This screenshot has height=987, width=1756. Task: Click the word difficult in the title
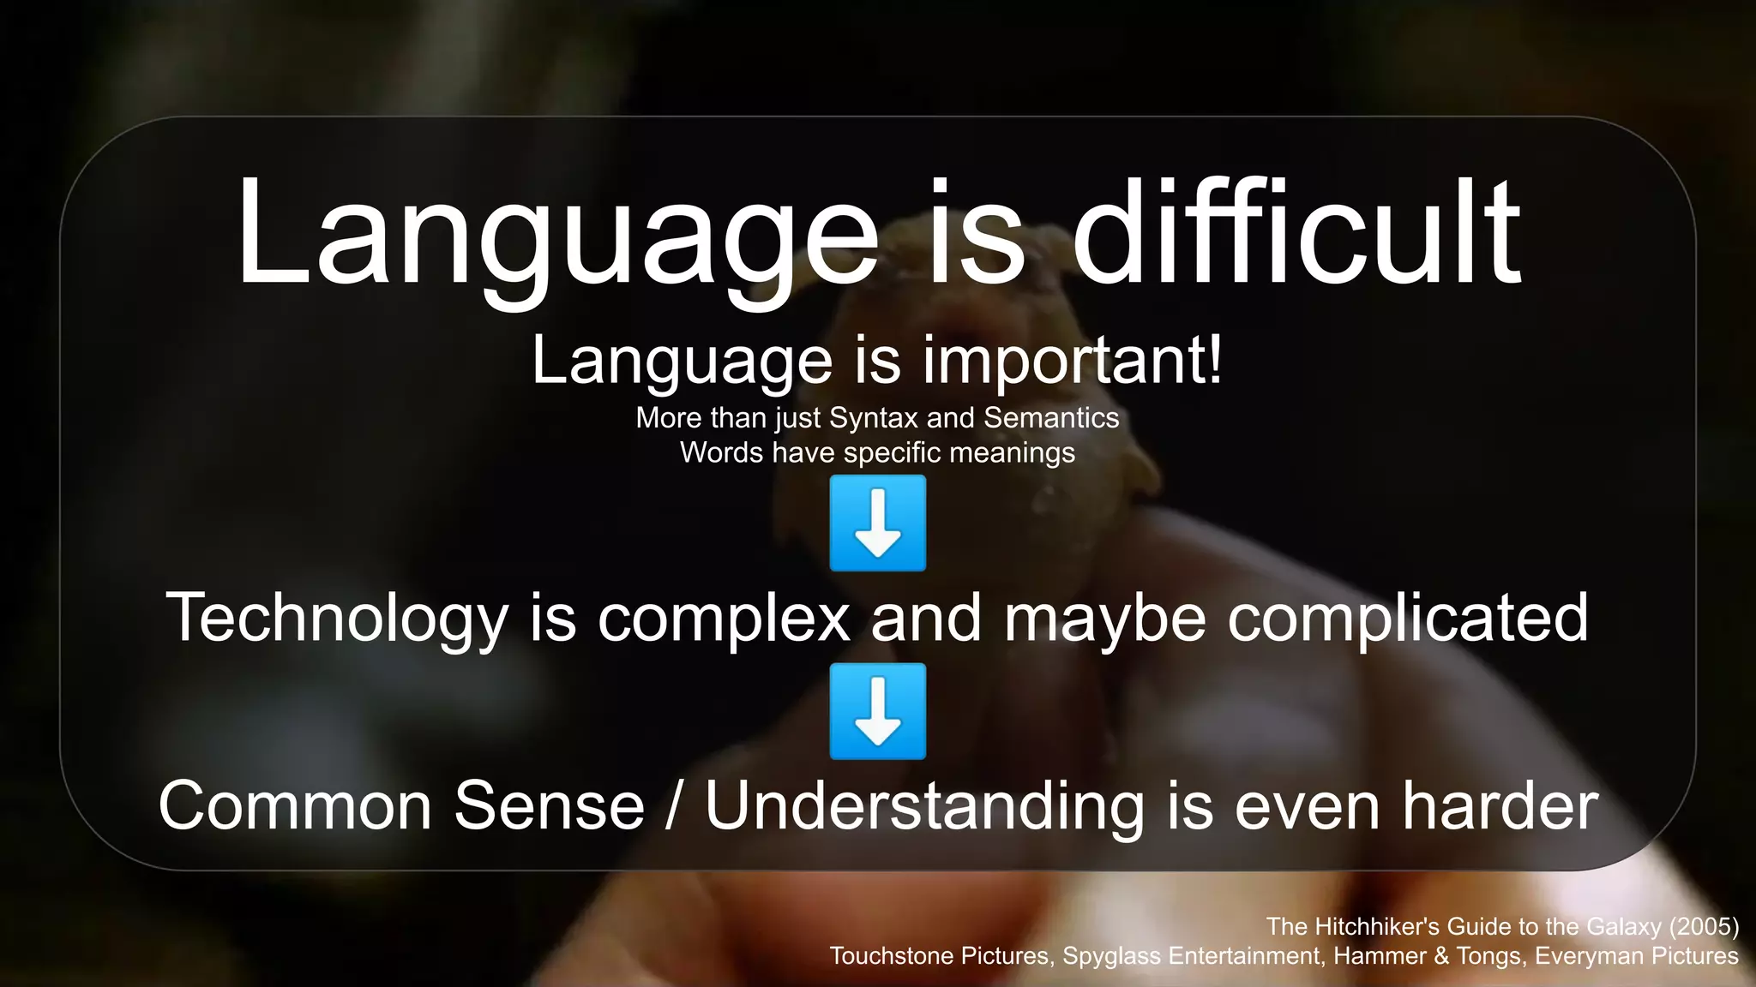pyautogui.click(x=1296, y=233)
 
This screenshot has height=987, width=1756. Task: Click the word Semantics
pyautogui.click(x=1051, y=418)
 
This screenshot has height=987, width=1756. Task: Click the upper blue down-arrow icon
pyautogui.click(x=878, y=523)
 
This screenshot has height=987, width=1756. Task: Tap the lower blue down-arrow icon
pyautogui.click(x=878, y=711)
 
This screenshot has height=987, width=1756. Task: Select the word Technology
pyautogui.click(x=337, y=617)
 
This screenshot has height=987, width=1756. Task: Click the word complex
pyautogui.click(x=724, y=617)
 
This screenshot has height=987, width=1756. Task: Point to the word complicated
pyautogui.click(x=1408, y=617)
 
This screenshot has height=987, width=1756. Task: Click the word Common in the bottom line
pyautogui.click(x=294, y=805)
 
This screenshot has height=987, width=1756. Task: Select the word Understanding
pyautogui.click(x=924, y=805)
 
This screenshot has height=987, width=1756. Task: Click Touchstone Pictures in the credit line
pyautogui.click(x=941, y=955)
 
